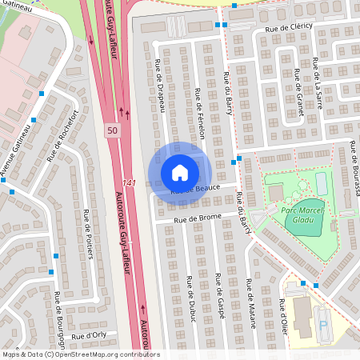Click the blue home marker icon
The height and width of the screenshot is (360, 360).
click(180, 172)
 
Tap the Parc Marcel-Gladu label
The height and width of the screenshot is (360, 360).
click(299, 213)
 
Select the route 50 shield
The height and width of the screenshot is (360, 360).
click(111, 130)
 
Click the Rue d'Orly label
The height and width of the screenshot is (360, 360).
click(88, 336)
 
